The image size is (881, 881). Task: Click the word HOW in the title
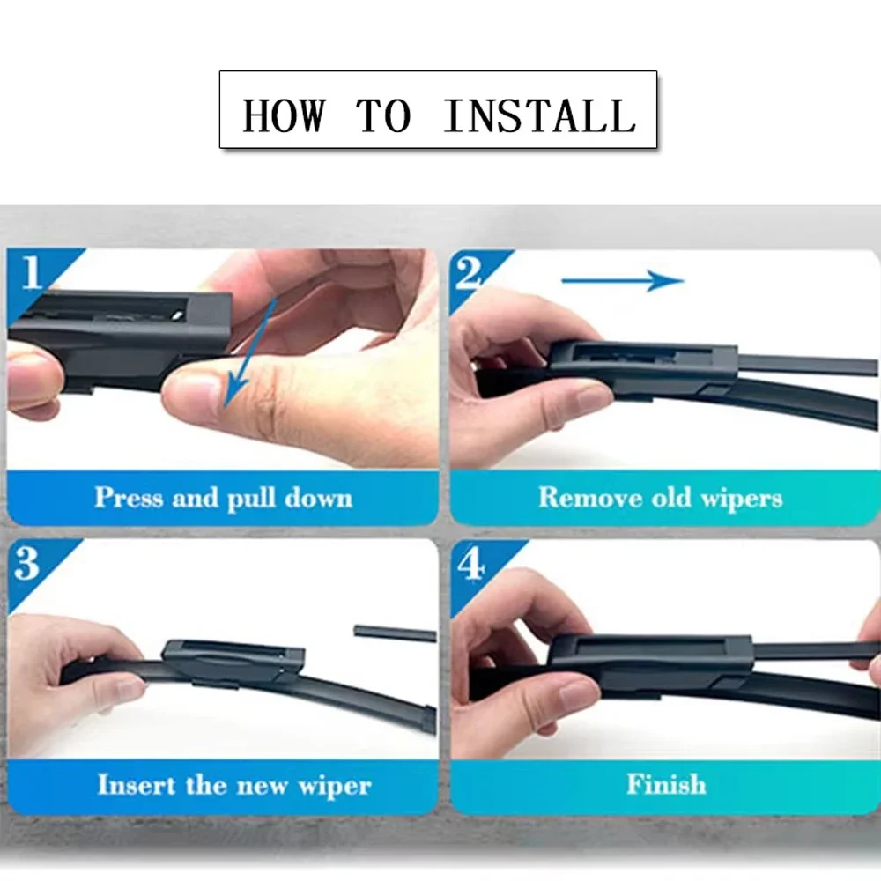tap(284, 115)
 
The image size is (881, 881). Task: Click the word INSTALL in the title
tap(539, 115)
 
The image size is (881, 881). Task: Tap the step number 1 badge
tap(32, 272)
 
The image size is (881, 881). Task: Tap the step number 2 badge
tap(469, 273)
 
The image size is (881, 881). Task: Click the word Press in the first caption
tap(130, 498)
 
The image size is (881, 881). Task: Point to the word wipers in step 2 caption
tap(741, 499)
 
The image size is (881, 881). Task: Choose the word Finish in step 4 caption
tap(666, 784)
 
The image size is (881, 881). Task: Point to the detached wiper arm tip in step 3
tap(394, 633)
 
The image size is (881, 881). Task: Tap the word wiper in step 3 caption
tap(335, 784)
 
